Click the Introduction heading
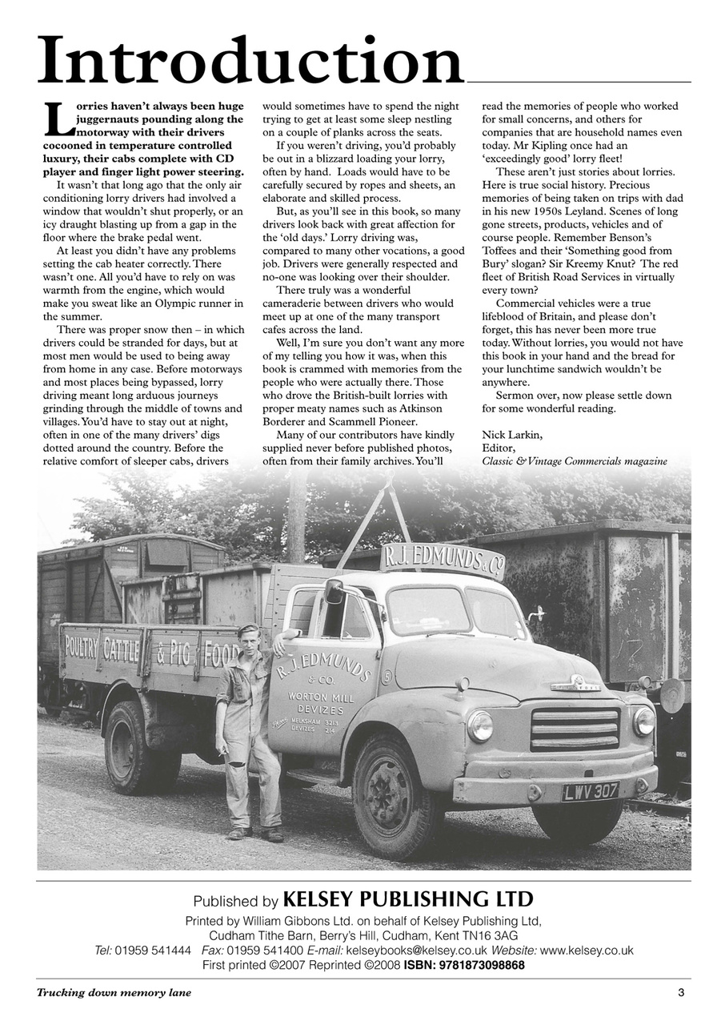(250, 62)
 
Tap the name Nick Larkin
(512, 435)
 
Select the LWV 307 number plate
(591, 791)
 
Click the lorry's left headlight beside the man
(480, 726)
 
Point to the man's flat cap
(249, 629)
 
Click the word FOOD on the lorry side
(221, 653)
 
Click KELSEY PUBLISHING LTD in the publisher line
(408, 899)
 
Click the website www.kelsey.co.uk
(587, 951)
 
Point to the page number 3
(681, 993)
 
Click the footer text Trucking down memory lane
(114, 993)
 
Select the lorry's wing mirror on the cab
(334, 592)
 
